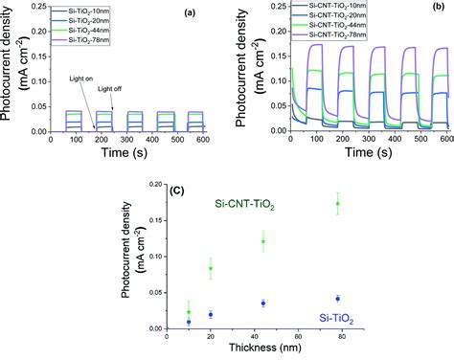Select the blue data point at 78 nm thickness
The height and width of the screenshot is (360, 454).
pos(337,299)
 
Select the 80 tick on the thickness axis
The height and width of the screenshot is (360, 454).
pos(342,337)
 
